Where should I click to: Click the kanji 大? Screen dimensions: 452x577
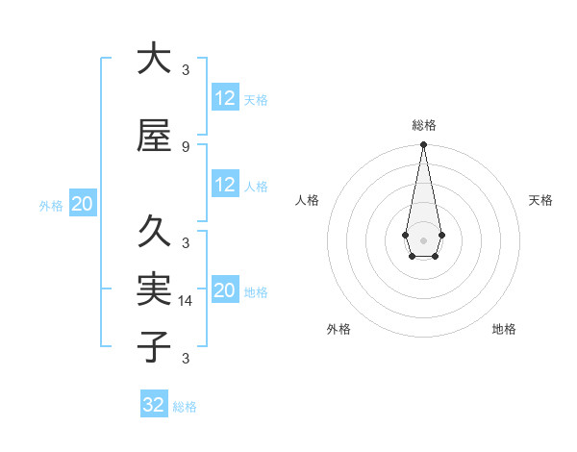tap(154, 59)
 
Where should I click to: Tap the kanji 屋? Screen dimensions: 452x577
tap(154, 136)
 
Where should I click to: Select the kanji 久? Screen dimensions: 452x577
tap(154, 232)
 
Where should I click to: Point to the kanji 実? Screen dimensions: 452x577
tap(154, 289)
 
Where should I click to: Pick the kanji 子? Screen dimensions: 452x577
tap(154, 346)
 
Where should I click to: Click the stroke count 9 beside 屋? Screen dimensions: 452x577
tap(186, 146)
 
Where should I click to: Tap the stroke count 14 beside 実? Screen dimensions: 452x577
tap(187, 300)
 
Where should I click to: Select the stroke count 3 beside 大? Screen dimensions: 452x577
tap(186, 69)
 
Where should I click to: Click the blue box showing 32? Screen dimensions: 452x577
tap(154, 405)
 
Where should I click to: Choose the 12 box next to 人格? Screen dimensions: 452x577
tap(225, 186)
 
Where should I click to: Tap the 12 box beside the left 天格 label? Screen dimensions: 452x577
tap(225, 98)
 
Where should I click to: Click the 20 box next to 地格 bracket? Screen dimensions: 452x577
tap(225, 290)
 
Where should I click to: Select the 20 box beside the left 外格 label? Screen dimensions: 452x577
tap(83, 204)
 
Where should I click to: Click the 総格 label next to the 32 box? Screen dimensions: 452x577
tap(185, 407)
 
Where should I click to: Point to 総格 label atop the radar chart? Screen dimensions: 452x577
tap(423, 125)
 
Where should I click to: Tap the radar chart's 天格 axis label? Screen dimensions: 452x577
tap(540, 200)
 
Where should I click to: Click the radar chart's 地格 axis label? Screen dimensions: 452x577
tap(504, 329)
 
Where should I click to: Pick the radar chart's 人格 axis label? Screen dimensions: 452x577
tap(307, 200)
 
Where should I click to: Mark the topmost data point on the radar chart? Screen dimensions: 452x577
tap(423, 145)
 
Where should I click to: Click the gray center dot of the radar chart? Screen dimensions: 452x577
tap(423, 239)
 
